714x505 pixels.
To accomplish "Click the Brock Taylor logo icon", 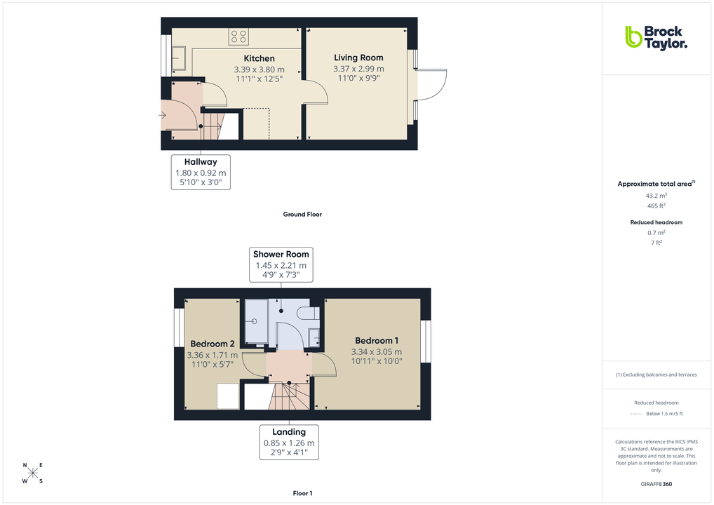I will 633,36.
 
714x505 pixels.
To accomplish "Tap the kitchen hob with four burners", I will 237,36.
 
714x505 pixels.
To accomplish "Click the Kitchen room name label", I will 259,58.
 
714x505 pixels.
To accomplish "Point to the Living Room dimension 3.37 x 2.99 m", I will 358,69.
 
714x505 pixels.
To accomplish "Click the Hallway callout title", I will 201,162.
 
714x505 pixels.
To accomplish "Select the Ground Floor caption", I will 302,215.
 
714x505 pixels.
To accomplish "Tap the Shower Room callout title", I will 281,254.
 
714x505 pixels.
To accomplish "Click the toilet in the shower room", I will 307,314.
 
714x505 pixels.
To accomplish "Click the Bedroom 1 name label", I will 377,341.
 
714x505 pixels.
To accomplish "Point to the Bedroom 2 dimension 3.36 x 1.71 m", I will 213,355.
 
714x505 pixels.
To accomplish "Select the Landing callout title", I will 289,432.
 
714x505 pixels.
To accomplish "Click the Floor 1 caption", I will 302,494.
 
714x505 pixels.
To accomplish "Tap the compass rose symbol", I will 33,473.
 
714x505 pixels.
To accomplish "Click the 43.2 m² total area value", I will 656,196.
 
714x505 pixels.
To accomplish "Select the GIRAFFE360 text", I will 656,484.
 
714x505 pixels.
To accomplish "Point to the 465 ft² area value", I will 656,206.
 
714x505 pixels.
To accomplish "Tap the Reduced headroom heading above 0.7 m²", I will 656,222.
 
